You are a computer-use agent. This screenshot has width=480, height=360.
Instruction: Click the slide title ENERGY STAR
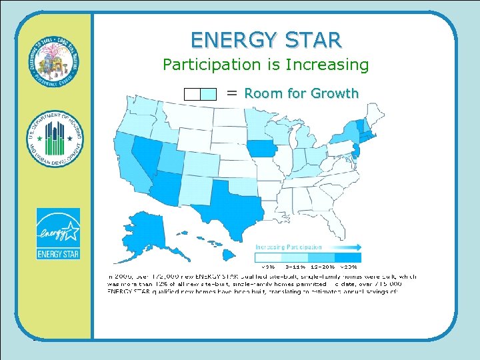266,39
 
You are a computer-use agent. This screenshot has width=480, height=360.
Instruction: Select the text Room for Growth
301,93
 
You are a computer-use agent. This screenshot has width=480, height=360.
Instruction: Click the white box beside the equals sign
192,94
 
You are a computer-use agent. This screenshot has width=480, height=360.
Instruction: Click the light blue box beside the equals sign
209,94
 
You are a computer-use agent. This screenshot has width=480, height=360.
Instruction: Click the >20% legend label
350,267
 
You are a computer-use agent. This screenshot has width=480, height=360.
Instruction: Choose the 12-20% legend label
322,267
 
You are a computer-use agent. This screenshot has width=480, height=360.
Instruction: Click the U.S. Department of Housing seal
55,139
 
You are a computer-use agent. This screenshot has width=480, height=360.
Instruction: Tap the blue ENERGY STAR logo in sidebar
58,234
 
